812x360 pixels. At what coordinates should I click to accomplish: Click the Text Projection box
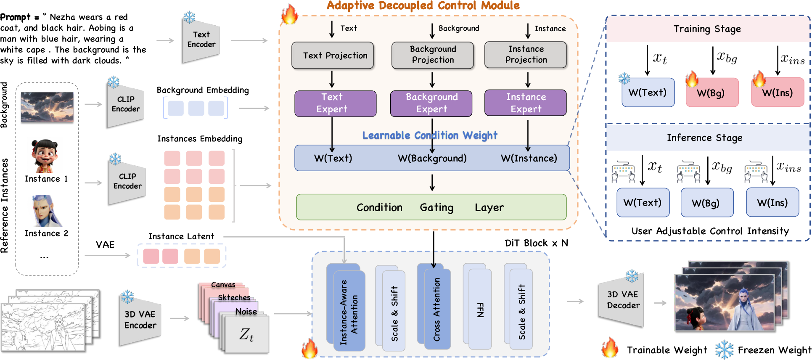[x=333, y=56]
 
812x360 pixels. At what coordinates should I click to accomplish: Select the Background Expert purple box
[x=431, y=103]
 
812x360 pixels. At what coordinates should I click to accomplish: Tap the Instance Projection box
[x=526, y=55]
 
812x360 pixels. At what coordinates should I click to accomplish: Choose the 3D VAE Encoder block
[x=140, y=320]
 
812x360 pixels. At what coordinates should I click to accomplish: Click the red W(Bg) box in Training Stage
[x=712, y=93]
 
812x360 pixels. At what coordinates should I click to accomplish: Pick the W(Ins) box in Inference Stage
[x=772, y=202]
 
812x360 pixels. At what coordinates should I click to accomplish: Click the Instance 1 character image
[x=44, y=156]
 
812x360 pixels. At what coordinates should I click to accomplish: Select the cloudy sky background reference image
[x=47, y=107]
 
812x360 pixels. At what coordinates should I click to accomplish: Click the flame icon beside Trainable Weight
[x=610, y=348]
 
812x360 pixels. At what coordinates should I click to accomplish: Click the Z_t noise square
[x=247, y=334]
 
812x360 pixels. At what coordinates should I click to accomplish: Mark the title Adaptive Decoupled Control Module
[x=423, y=5]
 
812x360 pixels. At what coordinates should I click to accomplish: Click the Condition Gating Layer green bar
[x=431, y=207]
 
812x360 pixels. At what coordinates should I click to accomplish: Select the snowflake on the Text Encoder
[x=189, y=17]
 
